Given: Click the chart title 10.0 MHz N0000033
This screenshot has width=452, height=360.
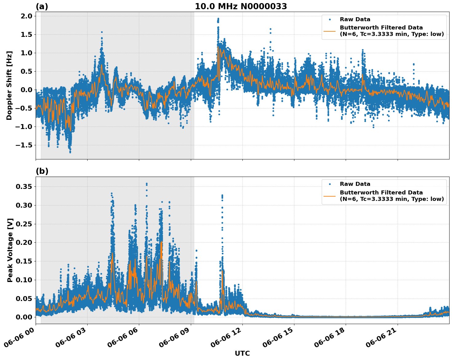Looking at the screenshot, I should [241, 6].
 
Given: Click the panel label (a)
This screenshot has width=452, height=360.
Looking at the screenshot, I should [42, 6].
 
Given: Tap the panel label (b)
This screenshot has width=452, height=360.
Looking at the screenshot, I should [42, 171].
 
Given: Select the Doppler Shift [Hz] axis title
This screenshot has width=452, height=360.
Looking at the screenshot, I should [9, 85].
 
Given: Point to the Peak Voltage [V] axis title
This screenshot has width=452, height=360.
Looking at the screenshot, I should [10, 250].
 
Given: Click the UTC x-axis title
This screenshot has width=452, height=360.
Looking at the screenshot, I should [242, 353].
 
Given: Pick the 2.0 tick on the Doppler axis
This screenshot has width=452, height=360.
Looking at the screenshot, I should [26, 16].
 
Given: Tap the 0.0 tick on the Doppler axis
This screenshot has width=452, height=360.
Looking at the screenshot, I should [26, 90].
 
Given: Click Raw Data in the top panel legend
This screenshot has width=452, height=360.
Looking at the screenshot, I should [355, 19].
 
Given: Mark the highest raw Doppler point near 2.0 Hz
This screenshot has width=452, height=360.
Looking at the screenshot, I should [218, 18].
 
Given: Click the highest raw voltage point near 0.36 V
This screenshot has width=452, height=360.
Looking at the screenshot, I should [147, 184].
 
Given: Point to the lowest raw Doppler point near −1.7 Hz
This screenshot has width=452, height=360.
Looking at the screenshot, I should [70, 152].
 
